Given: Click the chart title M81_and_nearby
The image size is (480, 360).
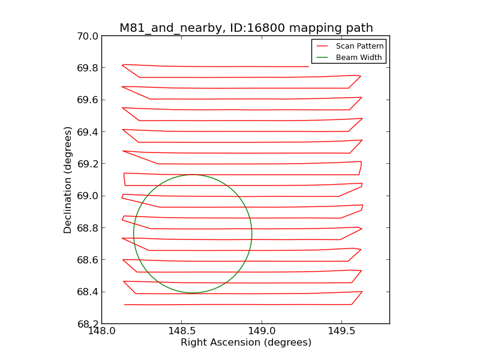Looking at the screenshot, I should coord(246,28).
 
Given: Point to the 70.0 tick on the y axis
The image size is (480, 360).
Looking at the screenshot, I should coord(88,36).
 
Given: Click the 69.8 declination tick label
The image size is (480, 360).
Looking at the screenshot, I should coord(88,68).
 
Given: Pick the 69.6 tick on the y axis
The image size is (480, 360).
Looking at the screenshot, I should coord(88,100).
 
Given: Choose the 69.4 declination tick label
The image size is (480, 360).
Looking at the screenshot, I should coord(88,132).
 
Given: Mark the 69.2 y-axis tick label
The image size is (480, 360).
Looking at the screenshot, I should coord(88,164).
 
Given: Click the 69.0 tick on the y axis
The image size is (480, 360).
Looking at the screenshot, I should coord(88,196).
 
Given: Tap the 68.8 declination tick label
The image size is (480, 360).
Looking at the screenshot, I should coord(88,228).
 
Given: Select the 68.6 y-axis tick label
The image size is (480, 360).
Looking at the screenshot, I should coord(88,260).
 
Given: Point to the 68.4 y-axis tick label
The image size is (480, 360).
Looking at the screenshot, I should coord(88,292).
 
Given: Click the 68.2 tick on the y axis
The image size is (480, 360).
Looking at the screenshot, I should coord(88,324).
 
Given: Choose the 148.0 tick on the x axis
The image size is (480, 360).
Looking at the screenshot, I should coord(101,332).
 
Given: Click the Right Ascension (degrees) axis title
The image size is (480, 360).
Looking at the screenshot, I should coord(246,343).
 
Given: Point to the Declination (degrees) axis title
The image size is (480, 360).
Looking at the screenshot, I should coord(68,180).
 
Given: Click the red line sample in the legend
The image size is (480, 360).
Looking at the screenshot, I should coord(322,46).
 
